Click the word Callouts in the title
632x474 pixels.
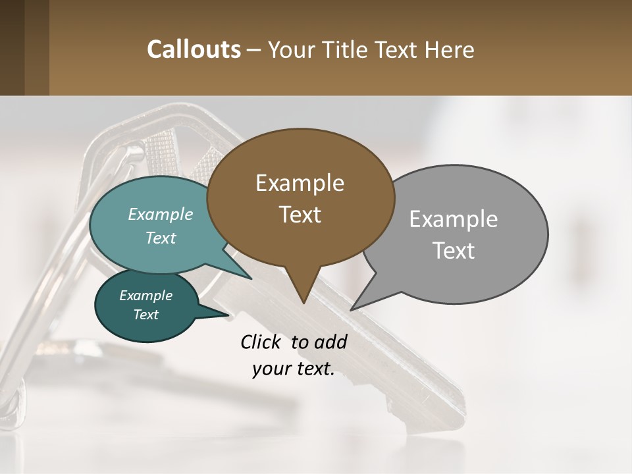[194, 49]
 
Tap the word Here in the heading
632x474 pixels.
[447, 49]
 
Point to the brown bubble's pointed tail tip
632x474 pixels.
[303, 303]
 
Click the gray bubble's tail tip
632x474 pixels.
[352, 309]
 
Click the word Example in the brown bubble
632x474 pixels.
[300, 183]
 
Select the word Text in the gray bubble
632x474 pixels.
[454, 251]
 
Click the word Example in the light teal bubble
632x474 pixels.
[161, 214]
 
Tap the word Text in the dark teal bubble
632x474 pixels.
[145, 315]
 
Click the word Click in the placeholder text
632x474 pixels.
[261, 342]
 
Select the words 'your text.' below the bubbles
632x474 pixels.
[294, 369]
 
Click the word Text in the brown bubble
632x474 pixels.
[300, 215]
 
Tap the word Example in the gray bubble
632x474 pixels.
[454, 219]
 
